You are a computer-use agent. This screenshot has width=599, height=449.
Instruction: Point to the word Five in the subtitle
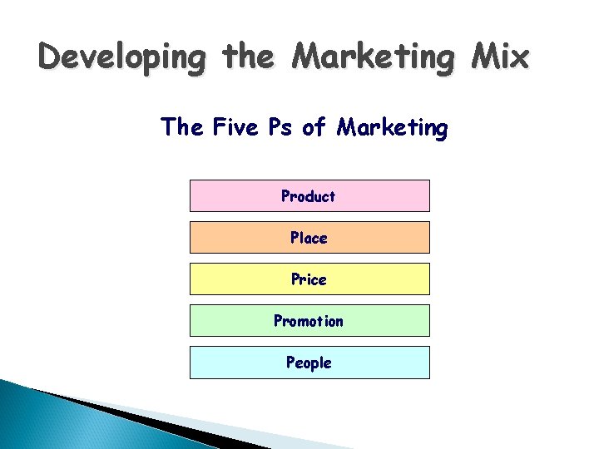click(235, 127)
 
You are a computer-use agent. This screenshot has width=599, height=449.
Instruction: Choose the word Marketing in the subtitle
click(392, 128)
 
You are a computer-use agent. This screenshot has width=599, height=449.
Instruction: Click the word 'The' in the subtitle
click(183, 127)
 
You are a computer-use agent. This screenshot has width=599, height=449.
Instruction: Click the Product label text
click(309, 196)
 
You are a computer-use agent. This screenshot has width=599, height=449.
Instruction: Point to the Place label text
click(309, 238)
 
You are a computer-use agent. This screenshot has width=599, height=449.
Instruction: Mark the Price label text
click(309, 279)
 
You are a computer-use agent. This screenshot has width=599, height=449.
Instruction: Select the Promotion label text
click(309, 321)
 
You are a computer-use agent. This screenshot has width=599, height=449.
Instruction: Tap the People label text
click(309, 363)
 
